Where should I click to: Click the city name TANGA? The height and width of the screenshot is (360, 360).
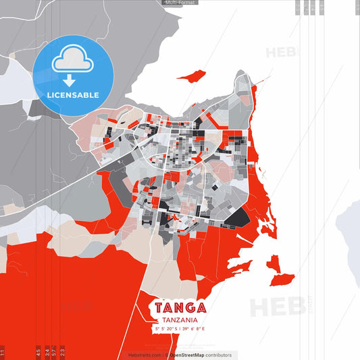[x=180, y=308]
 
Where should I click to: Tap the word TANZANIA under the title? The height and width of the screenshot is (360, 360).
[x=180, y=320]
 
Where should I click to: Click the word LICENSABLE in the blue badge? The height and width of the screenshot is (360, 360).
[x=73, y=95]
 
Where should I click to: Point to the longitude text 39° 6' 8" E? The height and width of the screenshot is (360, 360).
[x=193, y=329]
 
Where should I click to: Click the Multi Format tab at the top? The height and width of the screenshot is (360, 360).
[x=180, y=3]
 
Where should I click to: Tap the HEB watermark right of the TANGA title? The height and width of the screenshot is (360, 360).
[x=273, y=307]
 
